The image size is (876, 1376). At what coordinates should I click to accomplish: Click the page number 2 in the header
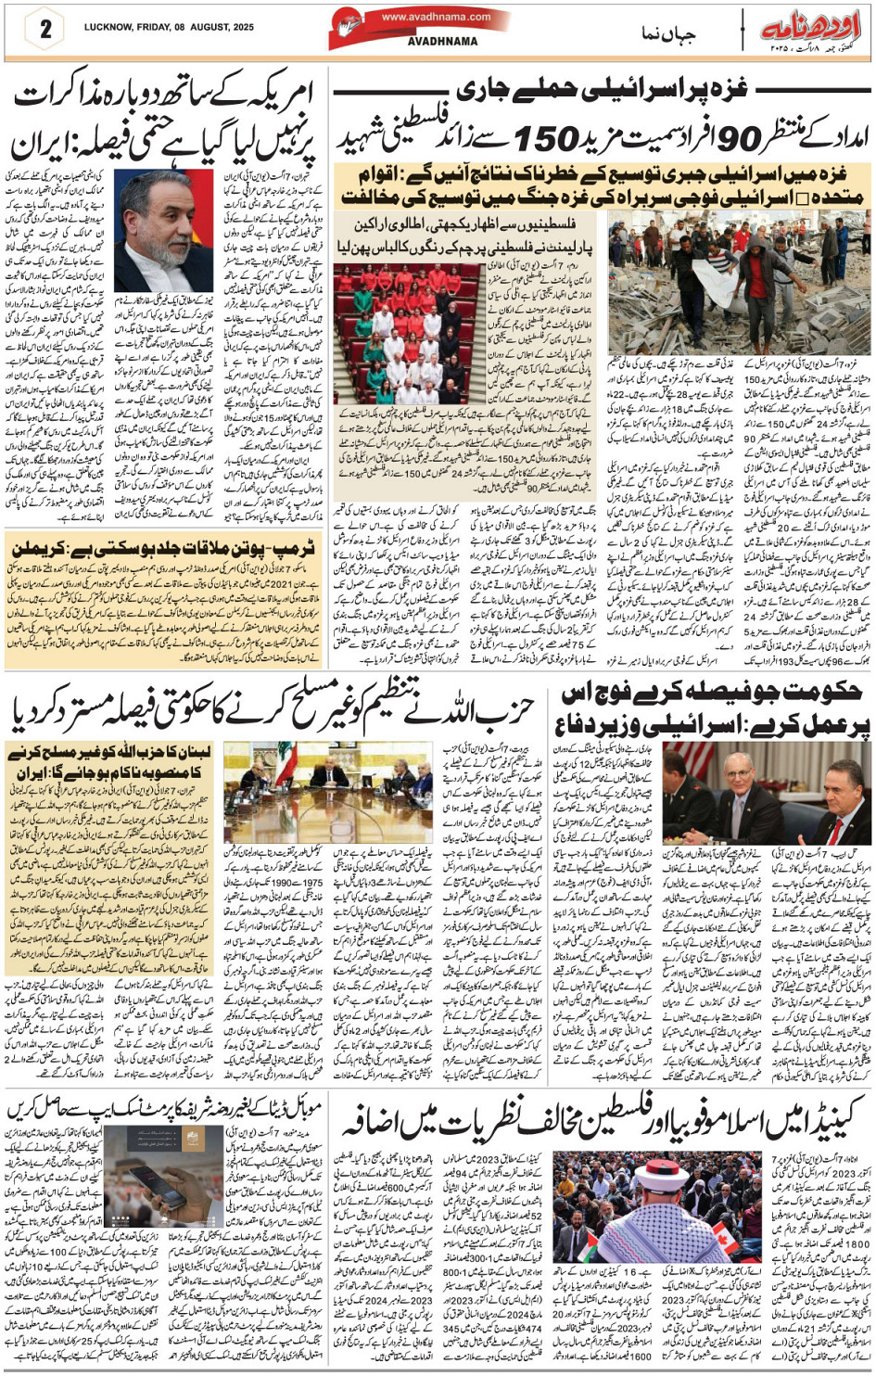pyautogui.click(x=44, y=28)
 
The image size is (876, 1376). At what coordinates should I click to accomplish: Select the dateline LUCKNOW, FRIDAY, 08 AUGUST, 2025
pyautogui.click(x=169, y=28)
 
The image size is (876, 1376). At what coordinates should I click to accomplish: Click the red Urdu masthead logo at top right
pyautogui.click(x=812, y=26)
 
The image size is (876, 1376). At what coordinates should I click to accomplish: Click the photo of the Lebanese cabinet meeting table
pyautogui.click(x=327, y=794)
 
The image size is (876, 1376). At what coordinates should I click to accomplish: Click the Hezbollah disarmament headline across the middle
pyautogui.click(x=273, y=711)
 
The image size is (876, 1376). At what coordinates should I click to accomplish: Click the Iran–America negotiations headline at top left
pyautogui.click(x=164, y=119)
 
